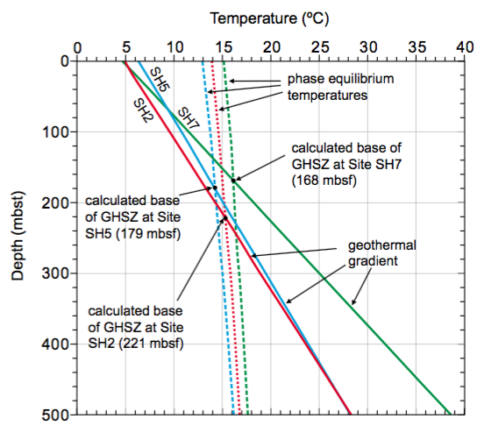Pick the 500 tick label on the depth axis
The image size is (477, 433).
[x=56, y=415]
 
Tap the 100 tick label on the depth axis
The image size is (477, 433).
[x=56, y=131]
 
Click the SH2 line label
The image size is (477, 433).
[x=145, y=110]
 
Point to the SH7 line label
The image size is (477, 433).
[x=189, y=116]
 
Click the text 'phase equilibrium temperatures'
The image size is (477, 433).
[x=329, y=87]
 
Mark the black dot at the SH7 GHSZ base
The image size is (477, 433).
[x=233, y=179]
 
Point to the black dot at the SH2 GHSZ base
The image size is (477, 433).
[x=224, y=218]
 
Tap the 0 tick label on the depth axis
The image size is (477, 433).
[x=66, y=60]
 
